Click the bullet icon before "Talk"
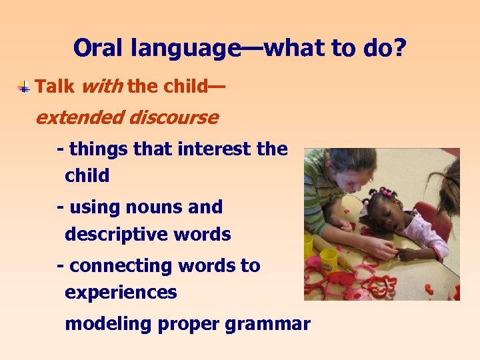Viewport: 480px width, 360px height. [x=23, y=87]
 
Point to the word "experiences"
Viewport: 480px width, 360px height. [x=121, y=293]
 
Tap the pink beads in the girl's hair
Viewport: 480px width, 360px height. [x=383, y=194]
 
